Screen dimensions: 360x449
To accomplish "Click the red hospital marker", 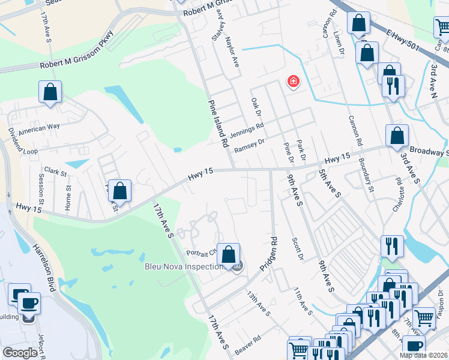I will [294, 81].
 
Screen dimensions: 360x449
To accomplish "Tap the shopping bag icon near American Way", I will [50, 93].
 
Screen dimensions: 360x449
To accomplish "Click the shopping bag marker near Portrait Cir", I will [228, 254].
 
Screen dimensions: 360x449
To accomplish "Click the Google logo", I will [20, 353].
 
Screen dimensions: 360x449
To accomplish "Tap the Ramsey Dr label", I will [249, 146].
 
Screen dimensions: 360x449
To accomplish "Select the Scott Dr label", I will [298, 248].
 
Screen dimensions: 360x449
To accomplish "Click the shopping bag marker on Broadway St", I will [397, 136].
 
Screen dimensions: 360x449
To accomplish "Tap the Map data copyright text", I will [424, 355].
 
